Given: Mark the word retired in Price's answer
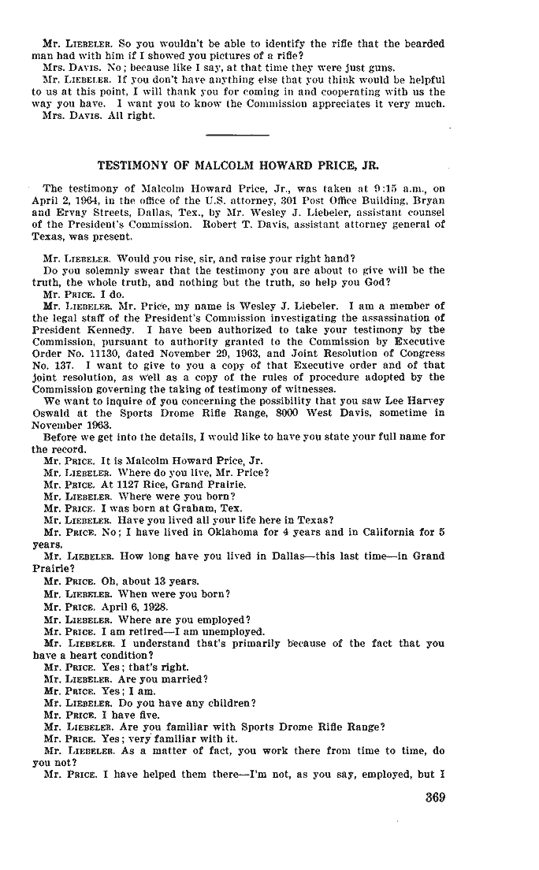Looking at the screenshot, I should pos(147,633).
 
